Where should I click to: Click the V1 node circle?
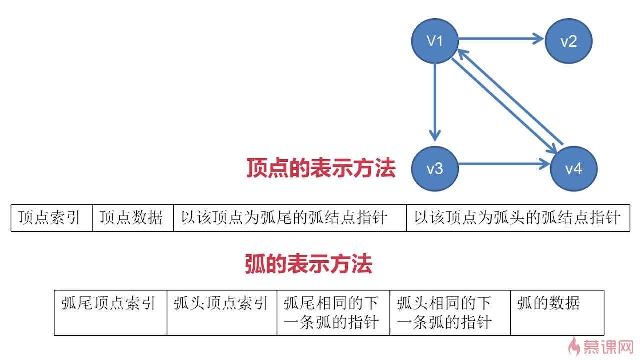(x=435, y=41)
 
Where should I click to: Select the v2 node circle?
(x=568, y=41)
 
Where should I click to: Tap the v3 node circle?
(x=435, y=169)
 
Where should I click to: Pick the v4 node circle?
(x=573, y=169)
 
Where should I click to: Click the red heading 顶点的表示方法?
(x=321, y=168)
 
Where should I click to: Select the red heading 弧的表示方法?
(x=308, y=264)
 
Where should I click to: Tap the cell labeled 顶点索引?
(x=51, y=218)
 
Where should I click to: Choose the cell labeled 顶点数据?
(x=133, y=218)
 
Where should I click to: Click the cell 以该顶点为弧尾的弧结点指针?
(x=290, y=218)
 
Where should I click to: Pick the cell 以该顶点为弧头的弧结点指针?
(x=518, y=218)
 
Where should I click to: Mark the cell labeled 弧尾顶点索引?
(x=110, y=312)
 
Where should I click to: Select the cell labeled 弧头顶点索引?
(x=222, y=312)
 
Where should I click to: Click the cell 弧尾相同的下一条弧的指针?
(x=333, y=312)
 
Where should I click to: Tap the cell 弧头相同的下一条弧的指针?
(x=449, y=312)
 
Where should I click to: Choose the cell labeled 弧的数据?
(x=557, y=312)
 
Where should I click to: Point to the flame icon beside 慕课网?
(x=575, y=345)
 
